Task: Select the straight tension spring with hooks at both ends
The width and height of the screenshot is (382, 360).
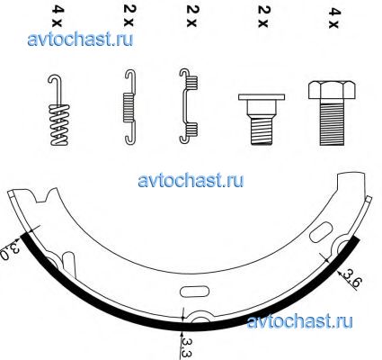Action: (129, 105)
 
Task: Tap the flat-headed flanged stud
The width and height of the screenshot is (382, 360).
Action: (262, 119)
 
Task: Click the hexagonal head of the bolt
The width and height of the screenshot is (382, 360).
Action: (332, 90)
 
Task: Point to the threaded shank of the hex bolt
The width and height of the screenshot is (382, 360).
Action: (333, 123)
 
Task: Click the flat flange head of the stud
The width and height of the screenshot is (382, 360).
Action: (262, 97)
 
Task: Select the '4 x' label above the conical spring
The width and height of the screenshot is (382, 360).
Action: (58, 17)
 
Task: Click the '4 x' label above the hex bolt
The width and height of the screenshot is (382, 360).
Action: (334, 18)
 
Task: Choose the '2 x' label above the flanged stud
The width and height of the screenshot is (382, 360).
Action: (263, 17)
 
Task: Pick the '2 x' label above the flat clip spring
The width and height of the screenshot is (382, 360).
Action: (191, 16)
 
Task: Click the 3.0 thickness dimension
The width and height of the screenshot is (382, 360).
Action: (9, 251)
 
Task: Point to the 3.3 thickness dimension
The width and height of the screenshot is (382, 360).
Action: (186, 348)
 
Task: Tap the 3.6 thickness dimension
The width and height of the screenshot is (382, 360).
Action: (351, 278)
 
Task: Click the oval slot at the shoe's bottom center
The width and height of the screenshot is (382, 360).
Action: (194, 292)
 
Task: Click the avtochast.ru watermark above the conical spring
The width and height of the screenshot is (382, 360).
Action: (80, 40)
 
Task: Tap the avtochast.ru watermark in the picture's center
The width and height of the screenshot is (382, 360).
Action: (191, 180)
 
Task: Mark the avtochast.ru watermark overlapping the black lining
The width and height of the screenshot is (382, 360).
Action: (299, 321)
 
